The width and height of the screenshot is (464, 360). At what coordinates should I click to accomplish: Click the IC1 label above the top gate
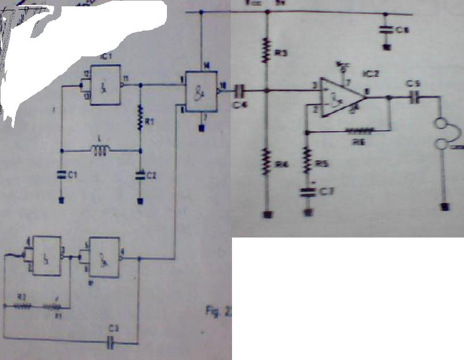(x=105, y=58)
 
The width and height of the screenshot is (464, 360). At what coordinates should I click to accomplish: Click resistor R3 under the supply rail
(x=266, y=50)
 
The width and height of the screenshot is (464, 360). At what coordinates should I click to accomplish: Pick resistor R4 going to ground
(x=266, y=162)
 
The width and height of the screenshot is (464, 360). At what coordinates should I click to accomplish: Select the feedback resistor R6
(x=357, y=131)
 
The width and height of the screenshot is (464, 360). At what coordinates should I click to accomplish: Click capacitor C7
(x=308, y=192)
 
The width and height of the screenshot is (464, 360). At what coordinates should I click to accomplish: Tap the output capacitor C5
(x=413, y=98)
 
